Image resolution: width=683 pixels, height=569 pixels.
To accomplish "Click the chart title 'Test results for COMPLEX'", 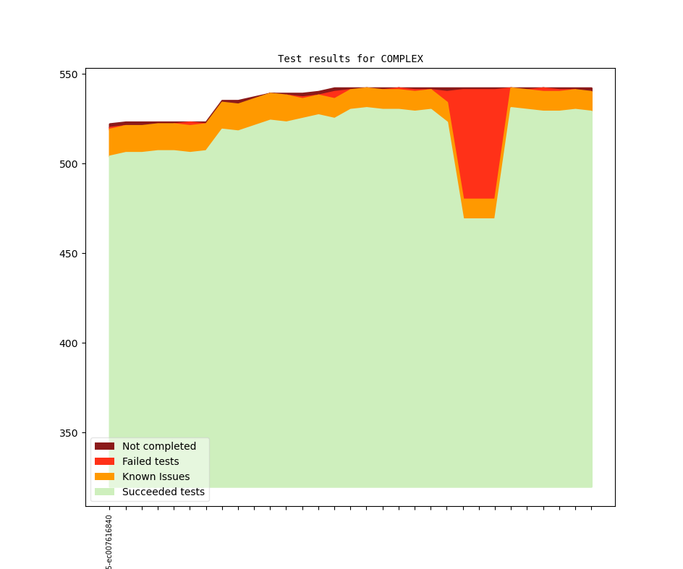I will (350, 59).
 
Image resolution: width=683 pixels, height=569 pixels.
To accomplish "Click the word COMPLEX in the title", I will (402, 59).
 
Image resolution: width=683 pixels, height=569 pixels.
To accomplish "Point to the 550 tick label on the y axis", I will (72, 74).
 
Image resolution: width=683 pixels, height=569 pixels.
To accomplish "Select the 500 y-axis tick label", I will (72, 164).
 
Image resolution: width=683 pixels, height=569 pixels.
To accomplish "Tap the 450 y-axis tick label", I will (72, 254).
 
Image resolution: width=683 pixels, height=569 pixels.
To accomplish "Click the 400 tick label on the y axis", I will (72, 343).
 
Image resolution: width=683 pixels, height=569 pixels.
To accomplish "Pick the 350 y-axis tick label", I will (72, 433).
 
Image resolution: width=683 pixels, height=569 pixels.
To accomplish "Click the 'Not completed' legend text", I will (158, 446).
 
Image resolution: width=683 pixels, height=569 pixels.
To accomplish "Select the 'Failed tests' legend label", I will (150, 461).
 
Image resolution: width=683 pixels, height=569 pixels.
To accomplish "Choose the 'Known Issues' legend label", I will (156, 476).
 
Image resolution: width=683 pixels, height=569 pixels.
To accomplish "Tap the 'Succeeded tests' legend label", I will (163, 492).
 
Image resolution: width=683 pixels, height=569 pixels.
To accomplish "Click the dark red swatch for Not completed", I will (104, 446).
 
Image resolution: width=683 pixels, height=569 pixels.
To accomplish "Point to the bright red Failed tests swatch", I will (104, 461).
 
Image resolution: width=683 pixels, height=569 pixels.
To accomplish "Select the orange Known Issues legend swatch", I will (104, 476).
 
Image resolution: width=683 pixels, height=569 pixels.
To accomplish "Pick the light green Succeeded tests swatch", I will (104, 492).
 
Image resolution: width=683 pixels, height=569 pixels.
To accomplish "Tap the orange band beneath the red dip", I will (479, 208).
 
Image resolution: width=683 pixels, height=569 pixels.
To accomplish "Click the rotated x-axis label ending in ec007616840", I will (109, 542).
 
